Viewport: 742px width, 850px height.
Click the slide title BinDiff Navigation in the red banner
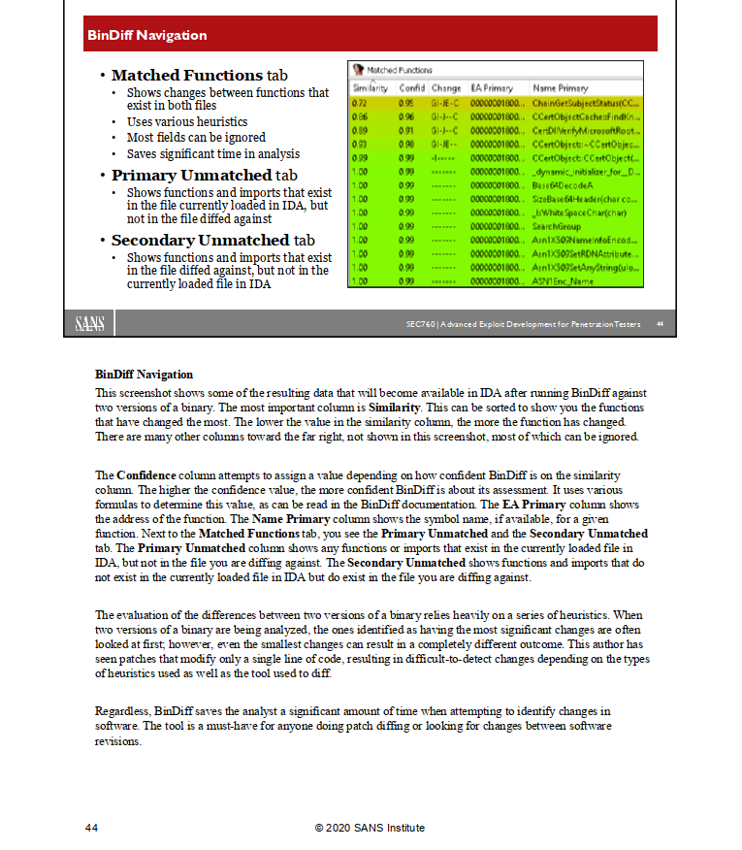pyautogui.click(x=146, y=36)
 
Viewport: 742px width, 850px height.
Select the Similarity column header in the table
pyautogui.click(x=371, y=87)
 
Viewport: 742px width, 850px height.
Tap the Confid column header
pyautogui.click(x=412, y=87)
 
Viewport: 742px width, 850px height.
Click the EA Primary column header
pyautogui.click(x=492, y=87)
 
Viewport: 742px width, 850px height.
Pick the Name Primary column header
pyautogui.click(x=561, y=87)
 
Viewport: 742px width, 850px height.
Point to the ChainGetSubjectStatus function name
pyautogui.click(x=585, y=102)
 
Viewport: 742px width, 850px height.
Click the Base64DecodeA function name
pyautogui.click(x=564, y=183)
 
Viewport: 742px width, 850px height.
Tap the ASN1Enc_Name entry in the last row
pyautogui.click(x=563, y=280)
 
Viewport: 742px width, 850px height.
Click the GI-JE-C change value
pyautogui.click(x=446, y=102)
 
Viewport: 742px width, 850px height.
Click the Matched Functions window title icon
pyautogui.click(x=358, y=70)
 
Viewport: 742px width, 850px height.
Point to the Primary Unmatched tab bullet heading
pyautogui.click(x=204, y=176)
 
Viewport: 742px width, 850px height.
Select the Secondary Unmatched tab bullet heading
pyautogui.click(x=213, y=240)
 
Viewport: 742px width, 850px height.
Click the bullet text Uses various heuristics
pyautogui.click(x=187, y=122)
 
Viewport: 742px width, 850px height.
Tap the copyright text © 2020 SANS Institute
pyautogui.click(x=370, y=828)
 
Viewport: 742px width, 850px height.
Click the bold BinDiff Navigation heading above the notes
pyautogui.click(x=144, y=374)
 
